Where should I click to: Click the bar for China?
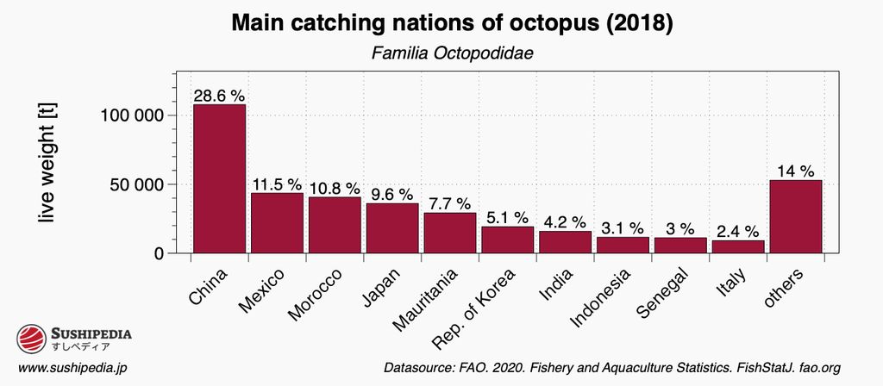pyautogui.click(x=219, y=179)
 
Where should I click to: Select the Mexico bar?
pyautogui.click(x=277, y=223)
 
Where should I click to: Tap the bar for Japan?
pyautogui.click(x=392, y=228)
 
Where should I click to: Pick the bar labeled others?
pyautogui.click(x=795, y=216)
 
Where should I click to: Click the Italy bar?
pyautogui.click(x=738, y=246)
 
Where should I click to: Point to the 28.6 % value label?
pyautogui.click(x=219, y=96)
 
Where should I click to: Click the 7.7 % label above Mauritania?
pyautogui.click(x=449, y=203)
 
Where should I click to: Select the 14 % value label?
pyautogui.click(x=795, y=171)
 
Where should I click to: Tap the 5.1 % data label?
pyautogui.click(x=507, y=218)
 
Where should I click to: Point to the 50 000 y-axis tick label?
pyautogui.click(x=132, y=184)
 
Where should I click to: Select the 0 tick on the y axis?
pyautogui.click(x=159, y=253)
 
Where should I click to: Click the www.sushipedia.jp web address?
pyautogui.click(x=72, y=368)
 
